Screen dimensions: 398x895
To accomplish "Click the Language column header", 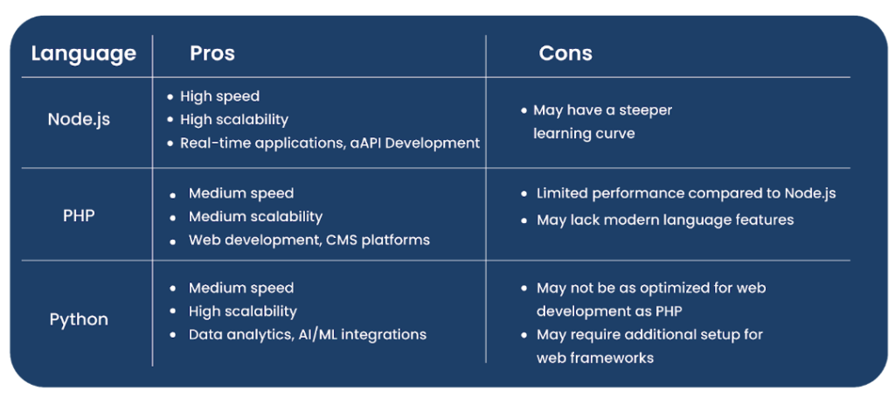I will tap(84, 54).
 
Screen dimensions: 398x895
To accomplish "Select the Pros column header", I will tap(212, 53).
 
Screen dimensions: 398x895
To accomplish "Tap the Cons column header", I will tap(565, 53).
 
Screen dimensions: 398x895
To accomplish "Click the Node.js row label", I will tap(79, 119).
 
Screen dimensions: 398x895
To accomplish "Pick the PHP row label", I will tap(79, 215).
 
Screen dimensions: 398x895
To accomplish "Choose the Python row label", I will tap(79, 319).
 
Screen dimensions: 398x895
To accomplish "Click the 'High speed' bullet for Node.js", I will tap(219, 96).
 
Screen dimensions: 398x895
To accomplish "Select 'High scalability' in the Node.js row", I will tap(233, 119).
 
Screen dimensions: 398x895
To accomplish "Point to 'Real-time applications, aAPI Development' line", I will tap(330, 143).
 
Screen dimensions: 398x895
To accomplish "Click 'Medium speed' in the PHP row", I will tap(240, 193).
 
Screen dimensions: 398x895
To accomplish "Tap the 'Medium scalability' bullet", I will tap(255, 216).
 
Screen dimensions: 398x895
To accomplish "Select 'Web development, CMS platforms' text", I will tap(309, 240).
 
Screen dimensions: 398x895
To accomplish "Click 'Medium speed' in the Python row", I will tap(240, 288).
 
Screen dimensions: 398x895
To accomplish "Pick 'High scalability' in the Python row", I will tap(242, 311).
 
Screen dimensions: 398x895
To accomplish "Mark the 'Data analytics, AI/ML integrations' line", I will tap(307, 334).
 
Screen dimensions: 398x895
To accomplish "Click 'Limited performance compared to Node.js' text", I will tap(685, 193).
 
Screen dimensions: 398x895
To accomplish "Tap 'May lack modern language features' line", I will tap(664, 220).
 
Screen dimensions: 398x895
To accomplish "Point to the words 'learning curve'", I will tap(584, 134).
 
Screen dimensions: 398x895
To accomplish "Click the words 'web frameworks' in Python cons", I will tap(594, 358).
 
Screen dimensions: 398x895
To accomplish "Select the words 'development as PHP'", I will tap(609, 311).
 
